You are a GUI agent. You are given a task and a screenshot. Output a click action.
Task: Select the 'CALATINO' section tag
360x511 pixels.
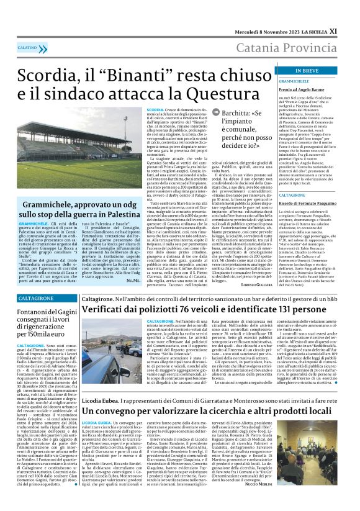pos(27,47)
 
